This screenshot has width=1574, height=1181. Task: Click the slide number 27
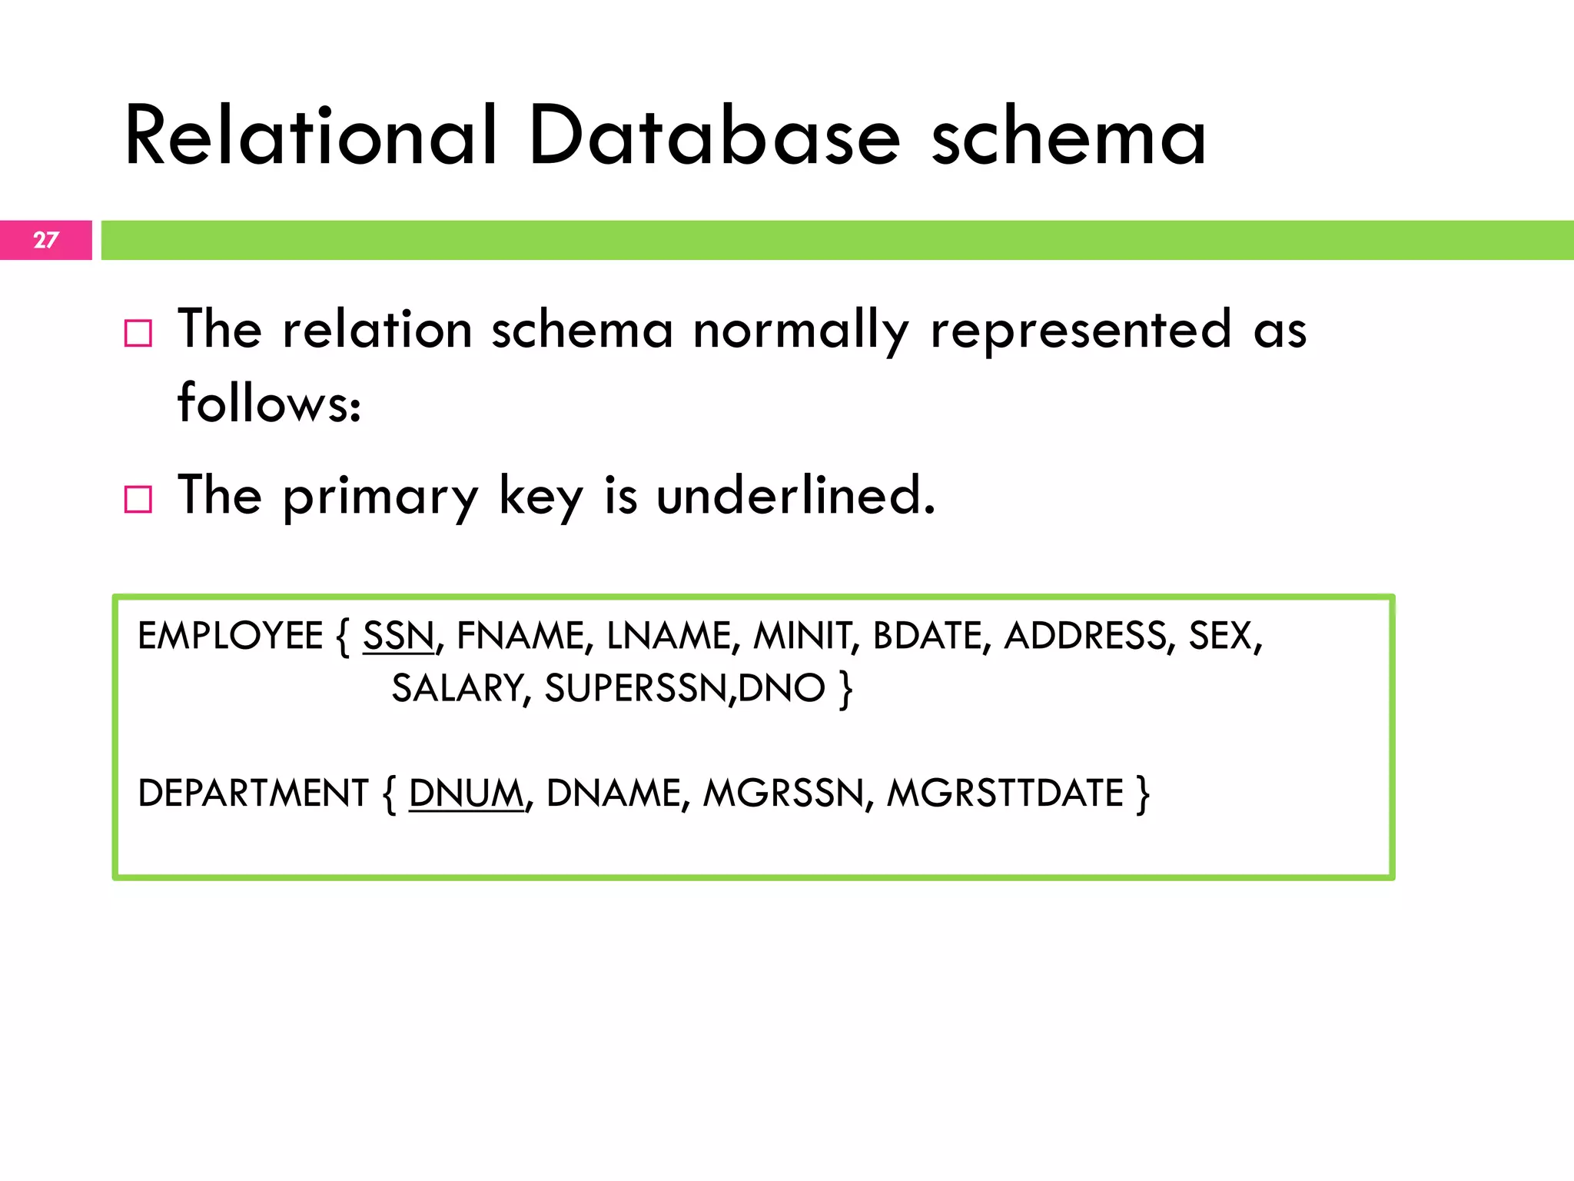(46, 240)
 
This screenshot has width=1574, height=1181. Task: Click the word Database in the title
(714, 137)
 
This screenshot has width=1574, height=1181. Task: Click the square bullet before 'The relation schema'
(138, 334)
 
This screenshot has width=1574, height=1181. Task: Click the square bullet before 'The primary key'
(138, 500)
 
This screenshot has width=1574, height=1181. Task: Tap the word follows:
(269, 403)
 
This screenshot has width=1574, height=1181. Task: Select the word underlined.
(796, 495)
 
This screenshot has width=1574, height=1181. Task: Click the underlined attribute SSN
(398, 637)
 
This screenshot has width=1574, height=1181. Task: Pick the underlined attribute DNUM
(466, 793)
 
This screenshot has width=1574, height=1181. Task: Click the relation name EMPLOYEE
(230, 637)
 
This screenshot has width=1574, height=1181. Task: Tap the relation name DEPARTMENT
(253, 793)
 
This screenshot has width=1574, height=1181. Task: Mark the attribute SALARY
(460, 689)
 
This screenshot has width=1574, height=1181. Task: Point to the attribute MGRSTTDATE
(1005, 793)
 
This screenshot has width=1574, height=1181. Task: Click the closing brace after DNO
(846, 689)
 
